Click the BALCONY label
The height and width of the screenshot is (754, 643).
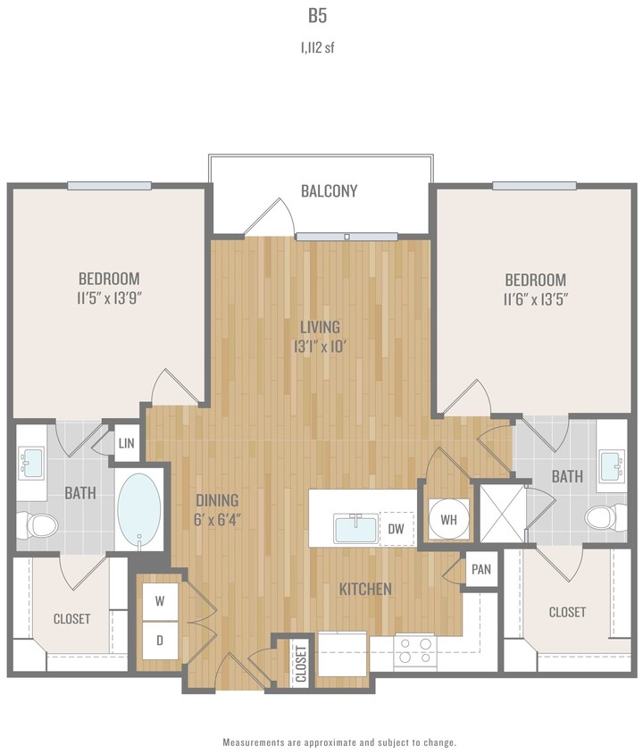[329, 191]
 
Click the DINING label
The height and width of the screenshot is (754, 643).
[217, 499]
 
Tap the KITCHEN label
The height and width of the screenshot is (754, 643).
[365, 589]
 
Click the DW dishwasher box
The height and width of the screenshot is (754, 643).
[397, 529]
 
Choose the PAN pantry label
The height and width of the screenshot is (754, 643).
[480, 569]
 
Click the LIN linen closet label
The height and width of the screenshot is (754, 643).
[127, 443]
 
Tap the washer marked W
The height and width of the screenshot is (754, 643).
[161, 601]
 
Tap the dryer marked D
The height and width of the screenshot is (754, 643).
[161, 641]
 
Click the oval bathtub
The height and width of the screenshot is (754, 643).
[139, 511]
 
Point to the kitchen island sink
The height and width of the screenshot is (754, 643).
[355, 528]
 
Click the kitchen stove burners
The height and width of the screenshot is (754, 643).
[414, 649]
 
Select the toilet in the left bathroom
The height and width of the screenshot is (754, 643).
[36, 525]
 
